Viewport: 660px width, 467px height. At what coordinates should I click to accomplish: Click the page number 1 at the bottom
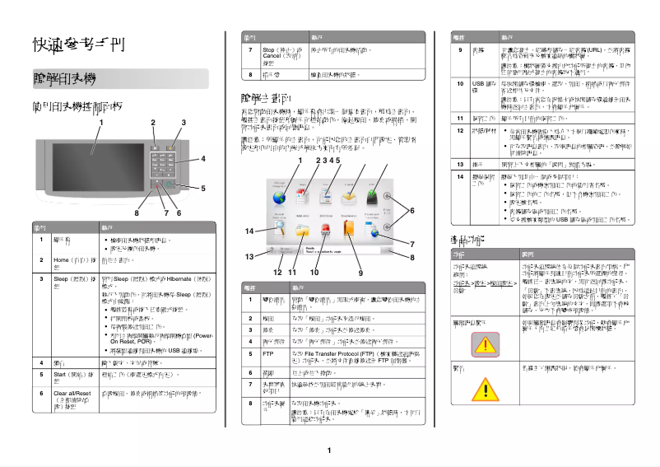328,451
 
